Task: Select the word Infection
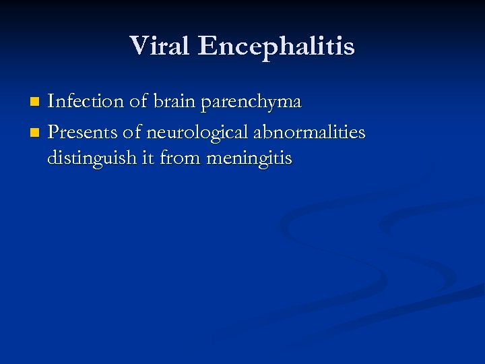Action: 85,102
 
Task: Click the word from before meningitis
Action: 183,159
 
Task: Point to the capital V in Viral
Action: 138,46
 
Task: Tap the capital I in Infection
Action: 51,102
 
